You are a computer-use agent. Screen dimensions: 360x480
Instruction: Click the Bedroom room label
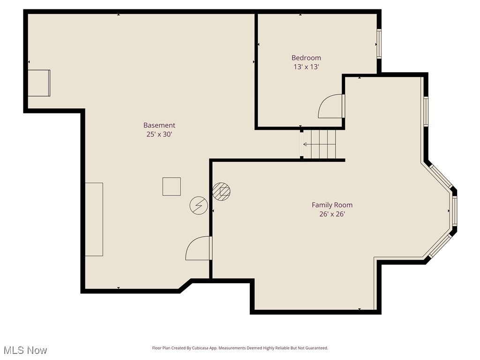pos(306,58)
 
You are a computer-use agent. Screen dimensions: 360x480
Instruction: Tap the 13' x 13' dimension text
pos(306,67)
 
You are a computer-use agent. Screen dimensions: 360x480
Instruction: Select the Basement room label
pos(159,125)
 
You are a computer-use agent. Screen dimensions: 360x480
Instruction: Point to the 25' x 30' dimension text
pos(159,135)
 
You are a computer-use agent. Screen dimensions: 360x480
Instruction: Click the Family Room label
pos(332,205)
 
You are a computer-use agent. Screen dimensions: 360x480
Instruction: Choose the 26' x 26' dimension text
pos(332,214)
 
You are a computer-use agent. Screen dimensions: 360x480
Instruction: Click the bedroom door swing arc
pos(331,106)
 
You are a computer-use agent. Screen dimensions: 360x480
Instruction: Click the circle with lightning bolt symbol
pos(198,205)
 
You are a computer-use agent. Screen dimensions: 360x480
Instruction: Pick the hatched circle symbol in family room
pos(221,191)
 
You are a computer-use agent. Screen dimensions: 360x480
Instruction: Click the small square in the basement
pos(172,186)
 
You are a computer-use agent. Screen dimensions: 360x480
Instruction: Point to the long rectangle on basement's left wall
pos(94,219)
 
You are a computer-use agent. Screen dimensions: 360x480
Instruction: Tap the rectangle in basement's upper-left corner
pos(39,83)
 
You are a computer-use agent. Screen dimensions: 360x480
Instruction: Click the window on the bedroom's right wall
pos(379,44)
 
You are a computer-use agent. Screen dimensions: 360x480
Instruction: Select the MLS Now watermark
pos(25,350)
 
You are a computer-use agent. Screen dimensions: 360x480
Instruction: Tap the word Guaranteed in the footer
pos(315,348)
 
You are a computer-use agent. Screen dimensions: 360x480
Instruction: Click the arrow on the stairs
pos(307,144)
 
